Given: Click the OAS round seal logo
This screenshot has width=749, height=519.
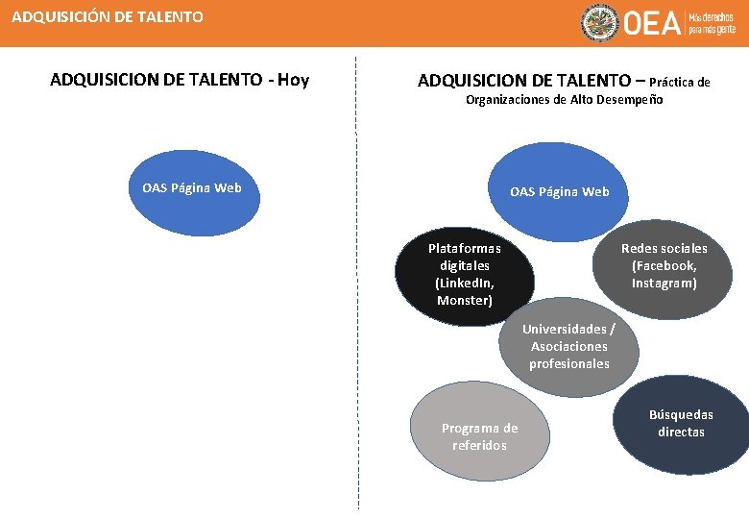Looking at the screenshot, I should pyautogui.click(x=599, y=23).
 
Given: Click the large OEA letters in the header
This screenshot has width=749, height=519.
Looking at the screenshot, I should pyautogui.click(x=652, y=24).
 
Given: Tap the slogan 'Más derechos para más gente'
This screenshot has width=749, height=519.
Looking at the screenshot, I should pyautogui.click(x=712, y=24).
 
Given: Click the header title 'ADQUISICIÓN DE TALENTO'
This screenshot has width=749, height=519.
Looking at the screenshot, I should pyautogui.click(x=108, y=16).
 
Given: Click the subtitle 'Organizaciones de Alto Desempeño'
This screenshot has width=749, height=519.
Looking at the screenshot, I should pyautogui.click(x=564, y=100).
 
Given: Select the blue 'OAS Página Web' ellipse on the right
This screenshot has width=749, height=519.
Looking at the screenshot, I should pyautogui.click(x=559, y=191).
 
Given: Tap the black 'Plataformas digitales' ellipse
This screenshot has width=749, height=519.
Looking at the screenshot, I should pyautogui.click(x=465, y=275).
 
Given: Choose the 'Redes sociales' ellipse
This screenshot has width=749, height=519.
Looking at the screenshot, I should pyautogui.click(x=664, y=266).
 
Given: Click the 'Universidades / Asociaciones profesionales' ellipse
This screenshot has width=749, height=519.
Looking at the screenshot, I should pyautogui.click(x=568, y=347).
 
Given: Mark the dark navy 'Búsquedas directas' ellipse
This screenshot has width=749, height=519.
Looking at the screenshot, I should pyautogui.click(x=681, y=424).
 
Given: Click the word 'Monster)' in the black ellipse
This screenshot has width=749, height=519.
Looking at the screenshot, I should pyautogui.click(x=465, y=301).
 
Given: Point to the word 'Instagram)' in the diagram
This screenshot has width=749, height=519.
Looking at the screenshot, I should pyautogui.click(x=664, y=284).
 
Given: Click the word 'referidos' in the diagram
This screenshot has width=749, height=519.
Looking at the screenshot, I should pyautogui.click(x=479, y=445).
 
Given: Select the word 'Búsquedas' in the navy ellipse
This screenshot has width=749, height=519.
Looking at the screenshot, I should pyautogui.click(x=681, y=415).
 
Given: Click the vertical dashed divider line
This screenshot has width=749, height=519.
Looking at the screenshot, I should pyautogui.click(x=357, y=288).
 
